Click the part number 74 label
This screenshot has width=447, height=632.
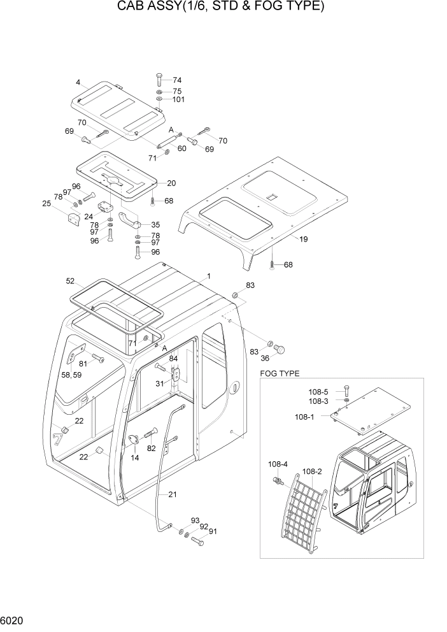(176, 80)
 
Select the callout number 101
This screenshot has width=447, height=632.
(178, 99)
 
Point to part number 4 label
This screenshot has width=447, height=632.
(78, 82)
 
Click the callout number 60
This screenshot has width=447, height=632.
(181, 148)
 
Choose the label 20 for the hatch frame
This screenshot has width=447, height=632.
(171, 183)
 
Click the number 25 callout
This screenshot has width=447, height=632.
(46, 203)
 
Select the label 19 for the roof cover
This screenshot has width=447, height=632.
(303, 240)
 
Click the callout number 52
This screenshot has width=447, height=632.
(70, 280)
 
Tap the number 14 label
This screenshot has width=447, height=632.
(135, 457)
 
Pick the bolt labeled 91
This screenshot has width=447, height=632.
(198, 542)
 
